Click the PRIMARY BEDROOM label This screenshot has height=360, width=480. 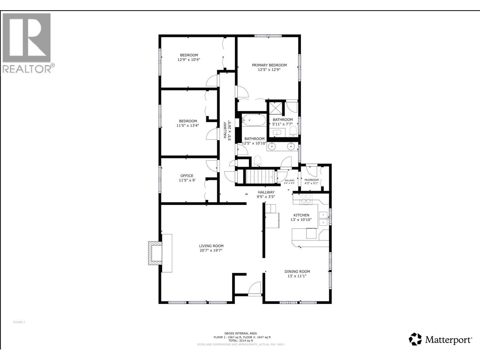(x=269, y=65)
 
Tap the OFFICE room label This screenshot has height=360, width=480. (x=187, y=176)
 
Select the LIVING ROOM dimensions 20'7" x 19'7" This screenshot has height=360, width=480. (x=211, y=250)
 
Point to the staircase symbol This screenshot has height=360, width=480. (x=260, y=177)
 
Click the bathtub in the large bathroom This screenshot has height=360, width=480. (x=254, y=120)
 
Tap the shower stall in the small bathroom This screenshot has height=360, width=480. (x=276, y=108)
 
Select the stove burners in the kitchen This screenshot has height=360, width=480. (x=306, y=199)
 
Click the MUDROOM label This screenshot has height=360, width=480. (x=311, y=180)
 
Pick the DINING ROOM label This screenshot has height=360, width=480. (x=297, y=271)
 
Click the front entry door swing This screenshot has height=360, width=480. (x=255, y=288)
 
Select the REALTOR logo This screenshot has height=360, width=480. (x=28, y=43)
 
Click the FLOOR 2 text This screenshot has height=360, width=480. (x=19, y=322)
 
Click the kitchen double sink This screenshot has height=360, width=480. (x=323, y=218)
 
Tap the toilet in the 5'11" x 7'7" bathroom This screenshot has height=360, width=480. (x=293, y=131)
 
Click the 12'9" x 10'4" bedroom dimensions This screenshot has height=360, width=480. (x=189, y=60)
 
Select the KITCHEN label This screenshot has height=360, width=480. (x=301, y=215)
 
